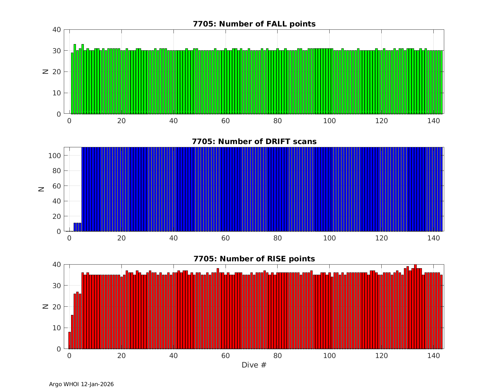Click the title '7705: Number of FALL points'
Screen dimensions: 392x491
pyautogui.click(x=254, y=24)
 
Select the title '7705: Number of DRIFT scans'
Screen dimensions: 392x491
pyautogui.click(x=254, y=141)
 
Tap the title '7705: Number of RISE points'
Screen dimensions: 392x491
pyautogui.click(x=254, y=259)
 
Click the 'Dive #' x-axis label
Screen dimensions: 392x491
pyautogui.click(x=254, y=365)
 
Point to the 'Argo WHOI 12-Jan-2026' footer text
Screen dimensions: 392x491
pyautogui.click(x=81, y=384)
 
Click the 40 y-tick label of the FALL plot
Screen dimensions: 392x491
pyautogui.click(x=57, y=30)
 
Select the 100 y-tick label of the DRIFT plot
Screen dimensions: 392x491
pyautogui.click(x=54, y=156)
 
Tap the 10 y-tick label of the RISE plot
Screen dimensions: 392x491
pyautogui.click(x=57, y=328)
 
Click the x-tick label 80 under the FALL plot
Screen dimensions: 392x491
pyautogui.click(x=278, y=121)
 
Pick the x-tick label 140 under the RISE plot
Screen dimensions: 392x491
pyautogui.click(x=433, y=355)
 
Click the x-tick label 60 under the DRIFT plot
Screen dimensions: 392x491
pyautogui.click(x=226, y=238)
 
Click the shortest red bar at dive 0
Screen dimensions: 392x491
pyautogui.click(x=69, y=340)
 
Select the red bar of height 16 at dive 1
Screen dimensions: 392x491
pyautogui.click(x=72, y=332)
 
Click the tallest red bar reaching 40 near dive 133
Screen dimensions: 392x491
pyautogui.click(x=415, y=307)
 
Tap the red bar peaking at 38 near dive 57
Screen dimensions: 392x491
pyautogui.click(x=218, y=309)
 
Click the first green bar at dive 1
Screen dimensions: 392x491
pyautogui.click(x=72, y=83)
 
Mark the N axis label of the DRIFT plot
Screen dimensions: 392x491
pyautogui.click(x=42, y=189)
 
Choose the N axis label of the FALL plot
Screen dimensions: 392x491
pyautogui.click(x=45, y=72)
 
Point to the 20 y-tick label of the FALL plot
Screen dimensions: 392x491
pyautogui.click(x=57, y=72)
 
